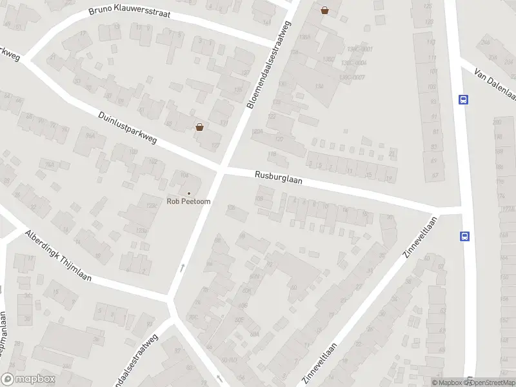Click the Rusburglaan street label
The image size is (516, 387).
(278, 177)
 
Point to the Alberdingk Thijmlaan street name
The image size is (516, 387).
(58, 257)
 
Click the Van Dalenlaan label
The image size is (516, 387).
(496, 84)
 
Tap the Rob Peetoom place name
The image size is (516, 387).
(189, 201)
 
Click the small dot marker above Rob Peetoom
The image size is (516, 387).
(189, 193)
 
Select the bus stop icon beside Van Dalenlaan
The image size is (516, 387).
(463, 99)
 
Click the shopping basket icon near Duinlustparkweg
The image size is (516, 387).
(200, 126)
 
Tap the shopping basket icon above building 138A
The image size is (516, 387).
(324, 10)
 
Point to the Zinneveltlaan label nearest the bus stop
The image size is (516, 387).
(420, 237)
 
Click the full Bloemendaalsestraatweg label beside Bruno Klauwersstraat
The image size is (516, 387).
(269, 64)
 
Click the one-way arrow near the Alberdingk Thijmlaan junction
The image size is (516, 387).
(183, 266)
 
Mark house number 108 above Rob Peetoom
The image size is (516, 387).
(184, 175)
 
